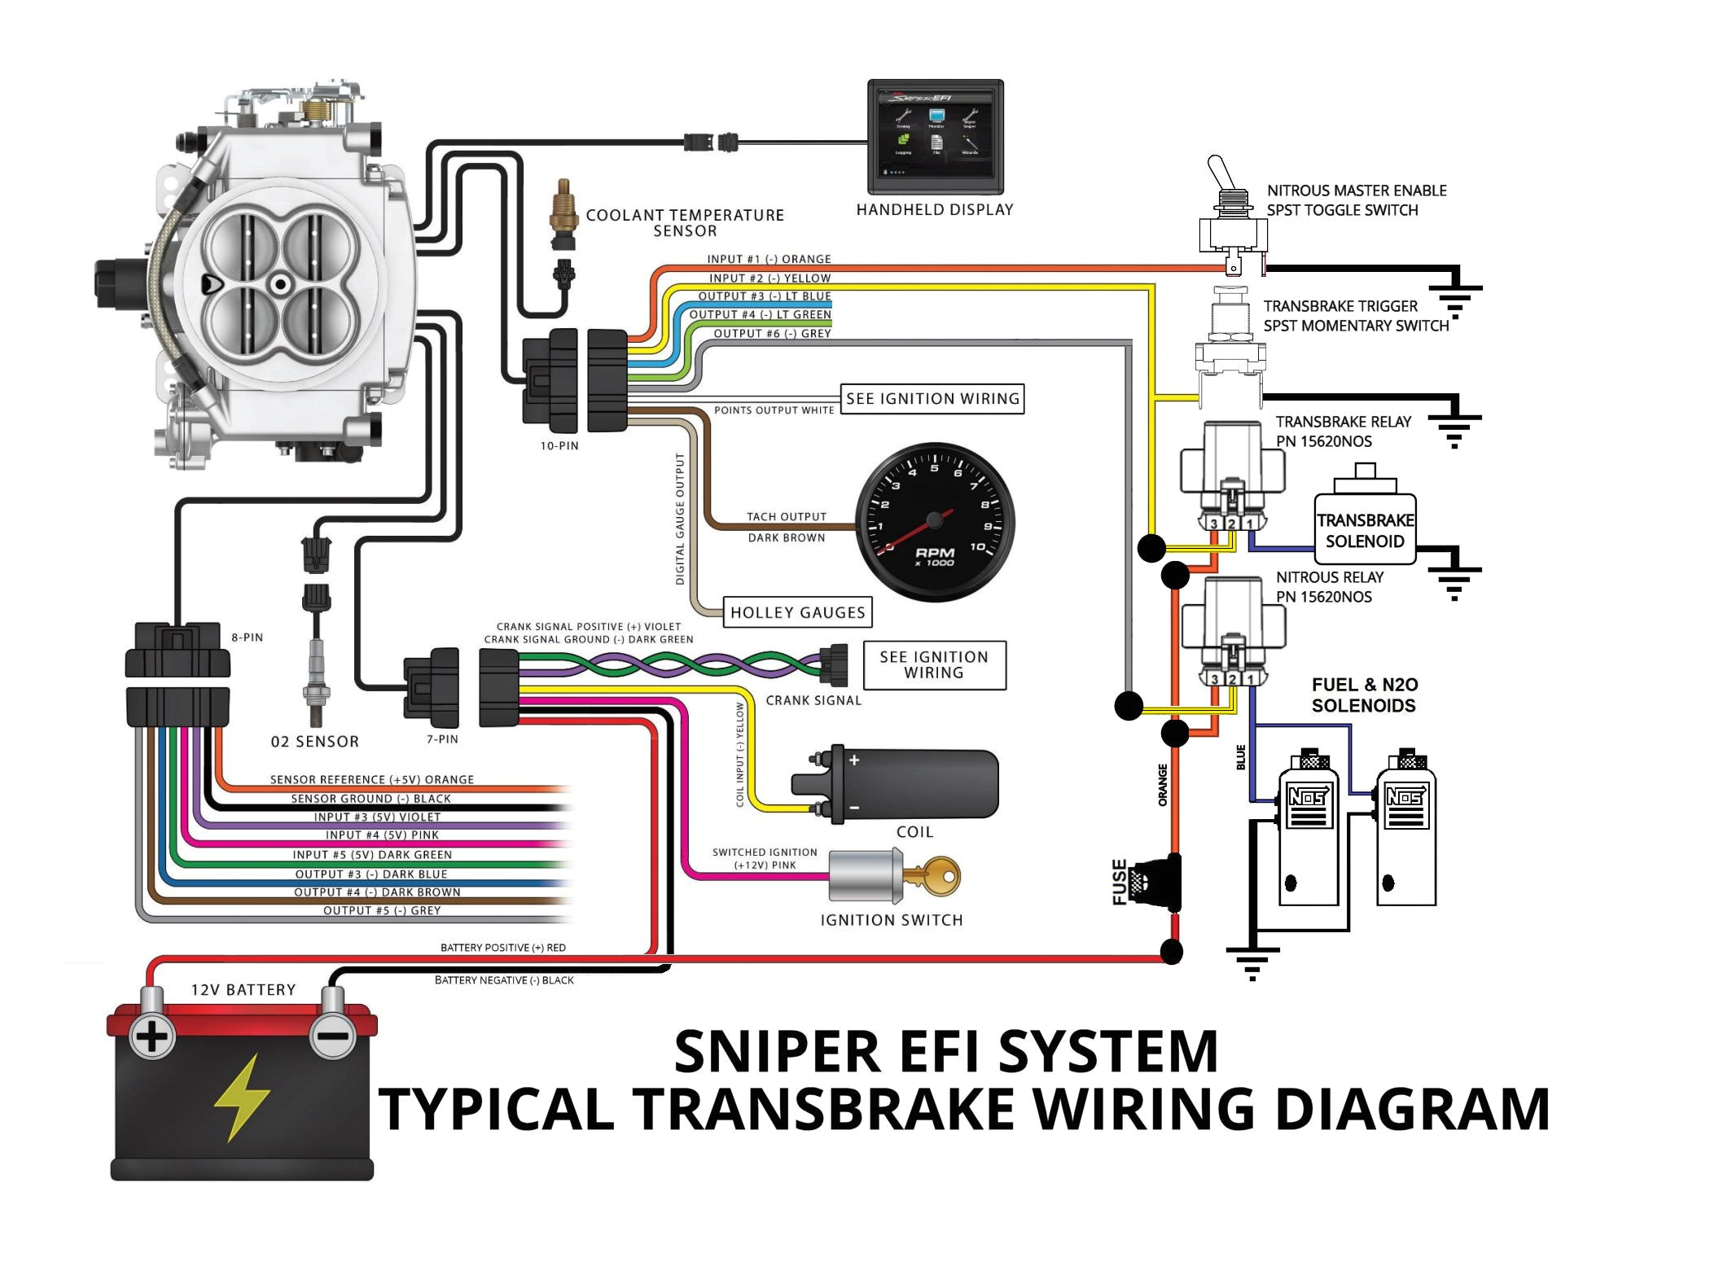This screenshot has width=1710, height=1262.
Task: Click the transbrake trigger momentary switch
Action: pos(1230,342)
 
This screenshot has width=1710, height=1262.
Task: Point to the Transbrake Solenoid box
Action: pos(1365,530)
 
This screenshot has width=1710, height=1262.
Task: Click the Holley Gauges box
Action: pos(797,612)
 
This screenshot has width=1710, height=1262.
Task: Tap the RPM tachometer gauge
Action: pos(935,522)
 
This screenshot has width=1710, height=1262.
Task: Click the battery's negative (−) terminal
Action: pos(332,1036)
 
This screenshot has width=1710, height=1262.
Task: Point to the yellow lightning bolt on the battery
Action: pos(241,1097)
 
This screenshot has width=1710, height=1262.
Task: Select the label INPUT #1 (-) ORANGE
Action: pos(769,259)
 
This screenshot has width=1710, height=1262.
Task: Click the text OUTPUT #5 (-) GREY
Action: pos(382,910)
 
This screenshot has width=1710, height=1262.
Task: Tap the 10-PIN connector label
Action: pos(559,446)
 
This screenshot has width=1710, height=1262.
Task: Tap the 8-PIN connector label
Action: pos(247,638)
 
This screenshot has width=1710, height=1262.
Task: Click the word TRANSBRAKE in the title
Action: pos(826,1109)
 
